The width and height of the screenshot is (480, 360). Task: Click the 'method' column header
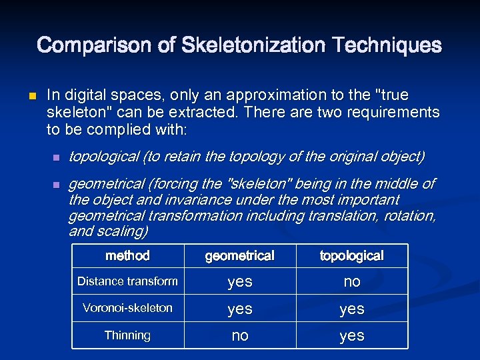point(127,255)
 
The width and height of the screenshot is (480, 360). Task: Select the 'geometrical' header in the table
point(239,255)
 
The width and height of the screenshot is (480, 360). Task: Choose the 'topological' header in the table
point(351,255)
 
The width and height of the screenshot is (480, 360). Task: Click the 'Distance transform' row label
point(127,281)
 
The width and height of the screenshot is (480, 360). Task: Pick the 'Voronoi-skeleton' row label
point(127,308)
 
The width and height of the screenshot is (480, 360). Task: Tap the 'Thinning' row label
point(127,335)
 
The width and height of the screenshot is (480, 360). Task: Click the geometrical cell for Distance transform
point(239,282)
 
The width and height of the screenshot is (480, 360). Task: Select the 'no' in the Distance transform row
point(351,282)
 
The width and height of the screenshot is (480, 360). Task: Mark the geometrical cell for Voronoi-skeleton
point(239,309)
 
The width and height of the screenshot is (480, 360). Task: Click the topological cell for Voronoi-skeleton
point(351,309)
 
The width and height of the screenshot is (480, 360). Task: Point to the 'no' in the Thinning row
point(239,336)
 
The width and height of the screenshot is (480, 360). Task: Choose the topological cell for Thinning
point(351,336)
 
